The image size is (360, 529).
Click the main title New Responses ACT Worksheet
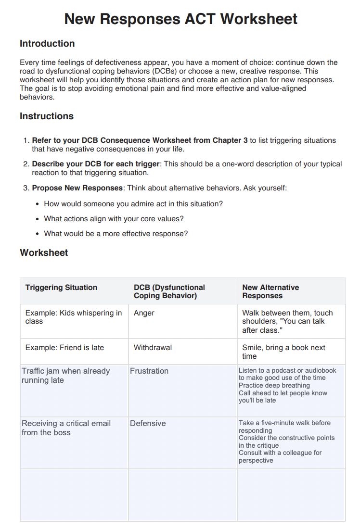point(180,19)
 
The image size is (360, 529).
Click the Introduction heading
point(47,44)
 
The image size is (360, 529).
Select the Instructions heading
point(47,116)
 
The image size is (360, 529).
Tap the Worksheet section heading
point(44,253)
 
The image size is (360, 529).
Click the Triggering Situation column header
point(61,288)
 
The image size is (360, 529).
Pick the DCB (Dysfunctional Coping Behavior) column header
point(169,291)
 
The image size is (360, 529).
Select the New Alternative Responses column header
point(270,291)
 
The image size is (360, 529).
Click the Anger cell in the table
point(144,313)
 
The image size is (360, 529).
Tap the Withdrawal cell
point(153,348)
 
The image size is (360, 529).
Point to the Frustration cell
point(149,371)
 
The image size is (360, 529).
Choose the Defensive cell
point(148,424)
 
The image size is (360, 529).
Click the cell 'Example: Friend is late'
point(64,348)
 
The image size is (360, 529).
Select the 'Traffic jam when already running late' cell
point(65,376)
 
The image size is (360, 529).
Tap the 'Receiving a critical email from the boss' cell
point(66,428)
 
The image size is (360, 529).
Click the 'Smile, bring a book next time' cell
point(283,352)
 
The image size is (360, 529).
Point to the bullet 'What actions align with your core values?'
point(114,219)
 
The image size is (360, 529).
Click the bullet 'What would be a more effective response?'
point(116,234)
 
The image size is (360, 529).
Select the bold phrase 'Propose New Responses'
point(77,188)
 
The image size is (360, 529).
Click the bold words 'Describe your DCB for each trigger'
point(96,164)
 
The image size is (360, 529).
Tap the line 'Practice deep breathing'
point(274,386)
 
